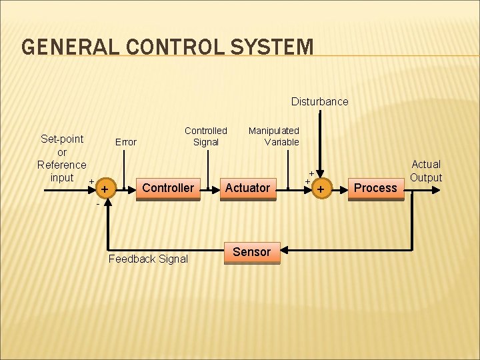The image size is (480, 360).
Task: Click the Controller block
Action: tap(168, 188)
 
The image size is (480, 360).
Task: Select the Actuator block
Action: tap(247, 188)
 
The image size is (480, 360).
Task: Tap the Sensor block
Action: tap(251, 252)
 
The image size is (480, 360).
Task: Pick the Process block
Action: tap(375, 188)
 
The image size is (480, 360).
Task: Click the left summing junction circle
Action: tap(104, 190)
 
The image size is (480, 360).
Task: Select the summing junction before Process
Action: tap(321, 190)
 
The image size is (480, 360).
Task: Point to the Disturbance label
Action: tap(319, 101)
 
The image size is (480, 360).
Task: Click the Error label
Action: tap(125, 141)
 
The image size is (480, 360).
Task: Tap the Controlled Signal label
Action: tap(205, 136)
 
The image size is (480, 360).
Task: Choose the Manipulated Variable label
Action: tap(274, 136)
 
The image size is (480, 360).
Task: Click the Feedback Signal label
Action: tap(148, 259)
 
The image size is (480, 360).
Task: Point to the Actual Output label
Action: tap(426, 171)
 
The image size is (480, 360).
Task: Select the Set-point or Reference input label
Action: tap(62, 158)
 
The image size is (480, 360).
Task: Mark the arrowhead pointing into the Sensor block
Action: tap(284, 252)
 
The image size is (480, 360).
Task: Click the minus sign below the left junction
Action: tap(97, 204)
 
